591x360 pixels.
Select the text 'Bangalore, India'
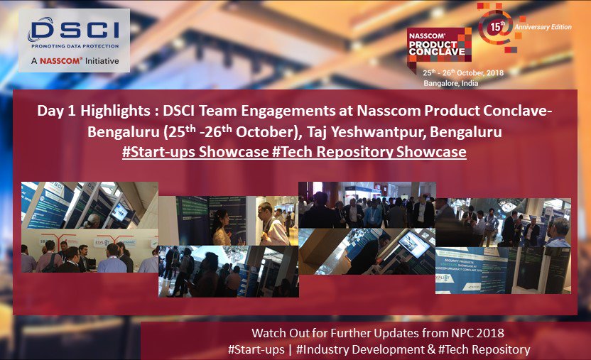click(450, 83)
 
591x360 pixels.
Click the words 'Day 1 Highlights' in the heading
click(85, 111)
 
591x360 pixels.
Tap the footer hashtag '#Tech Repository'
click(482, 349)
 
